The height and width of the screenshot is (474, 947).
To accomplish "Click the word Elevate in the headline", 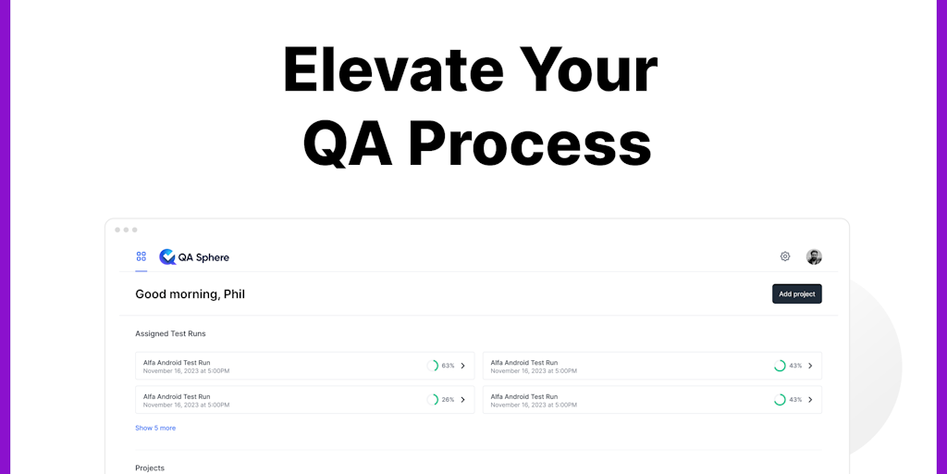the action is [392, 70].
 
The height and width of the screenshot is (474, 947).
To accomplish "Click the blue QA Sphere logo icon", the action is [167, 257].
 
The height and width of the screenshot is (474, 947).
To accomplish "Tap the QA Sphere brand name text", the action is [203, 257].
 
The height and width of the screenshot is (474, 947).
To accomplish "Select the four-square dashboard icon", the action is [141, 256].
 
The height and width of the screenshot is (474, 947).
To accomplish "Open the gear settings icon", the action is [785, 256].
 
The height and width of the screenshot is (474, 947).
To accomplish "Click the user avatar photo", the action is [814, 257].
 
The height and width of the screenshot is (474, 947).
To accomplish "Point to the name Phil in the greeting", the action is [234, 294].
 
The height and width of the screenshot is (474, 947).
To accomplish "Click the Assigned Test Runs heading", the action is [170, 333].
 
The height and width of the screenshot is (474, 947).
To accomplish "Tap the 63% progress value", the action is [448, 366].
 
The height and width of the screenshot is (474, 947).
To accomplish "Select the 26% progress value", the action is [448, 400].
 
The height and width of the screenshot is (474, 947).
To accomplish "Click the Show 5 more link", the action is [155, 428].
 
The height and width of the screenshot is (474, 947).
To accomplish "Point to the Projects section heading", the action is [150, 468].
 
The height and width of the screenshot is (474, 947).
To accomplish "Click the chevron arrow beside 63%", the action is [462, 366].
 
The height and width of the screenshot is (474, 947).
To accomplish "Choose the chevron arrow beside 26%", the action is [462, 400].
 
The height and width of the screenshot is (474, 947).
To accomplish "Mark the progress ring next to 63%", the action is [437, 366].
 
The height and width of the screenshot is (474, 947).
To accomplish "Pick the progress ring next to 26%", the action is [437, 400].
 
